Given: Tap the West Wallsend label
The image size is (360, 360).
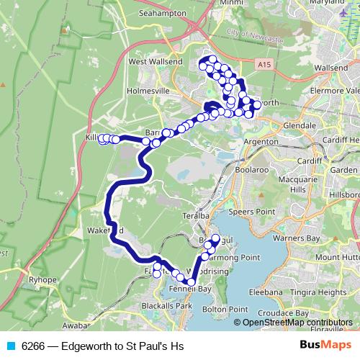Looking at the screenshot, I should (x=153, y=62).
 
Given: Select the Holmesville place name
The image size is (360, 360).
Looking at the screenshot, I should (x=147, y=91).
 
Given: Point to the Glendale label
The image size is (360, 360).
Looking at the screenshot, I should (x=300, y=125).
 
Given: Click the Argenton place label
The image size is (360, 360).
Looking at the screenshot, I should (x=261, y=143).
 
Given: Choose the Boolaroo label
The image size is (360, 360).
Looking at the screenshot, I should (x=251, y=170).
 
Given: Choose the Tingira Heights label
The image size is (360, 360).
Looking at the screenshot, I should (x=317, y=292).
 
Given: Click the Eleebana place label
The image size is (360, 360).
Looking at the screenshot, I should (x=263, y=292).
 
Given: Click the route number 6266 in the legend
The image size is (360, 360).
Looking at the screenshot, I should (x=32, y=346).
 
